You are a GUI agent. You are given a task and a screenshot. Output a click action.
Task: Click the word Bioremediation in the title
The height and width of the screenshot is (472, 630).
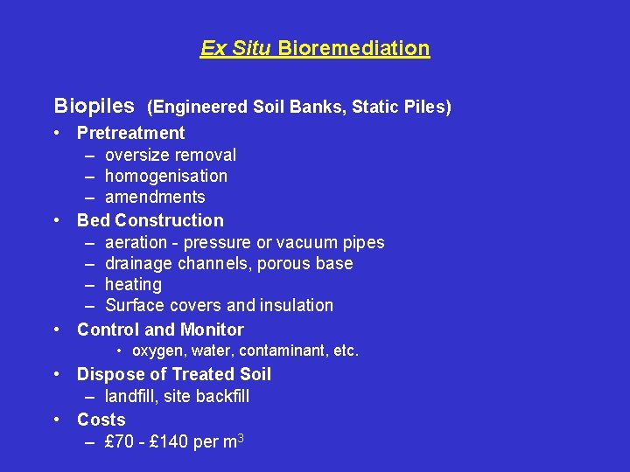[354, 48]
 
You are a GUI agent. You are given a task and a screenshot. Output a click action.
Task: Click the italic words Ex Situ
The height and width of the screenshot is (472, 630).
[237, 48]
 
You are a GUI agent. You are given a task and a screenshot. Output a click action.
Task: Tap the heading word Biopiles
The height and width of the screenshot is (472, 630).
[94, 107]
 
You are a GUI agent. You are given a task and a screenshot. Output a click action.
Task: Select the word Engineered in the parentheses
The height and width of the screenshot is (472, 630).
[199, 108]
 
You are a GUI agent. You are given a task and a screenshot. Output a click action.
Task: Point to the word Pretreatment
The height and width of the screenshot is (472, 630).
[131, 133]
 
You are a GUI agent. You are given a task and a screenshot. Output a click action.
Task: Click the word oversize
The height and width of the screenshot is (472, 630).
[136, 155]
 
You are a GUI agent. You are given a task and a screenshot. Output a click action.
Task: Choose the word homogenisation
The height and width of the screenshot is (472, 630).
[166, 176]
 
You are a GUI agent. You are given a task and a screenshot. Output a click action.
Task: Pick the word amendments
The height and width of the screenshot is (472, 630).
[155, 197]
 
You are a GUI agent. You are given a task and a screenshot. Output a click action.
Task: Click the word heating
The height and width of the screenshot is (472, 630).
[133, 284]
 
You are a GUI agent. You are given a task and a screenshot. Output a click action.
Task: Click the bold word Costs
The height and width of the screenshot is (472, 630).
[101, 420]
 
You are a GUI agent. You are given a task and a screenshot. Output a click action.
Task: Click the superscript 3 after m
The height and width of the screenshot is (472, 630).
[240, 436]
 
